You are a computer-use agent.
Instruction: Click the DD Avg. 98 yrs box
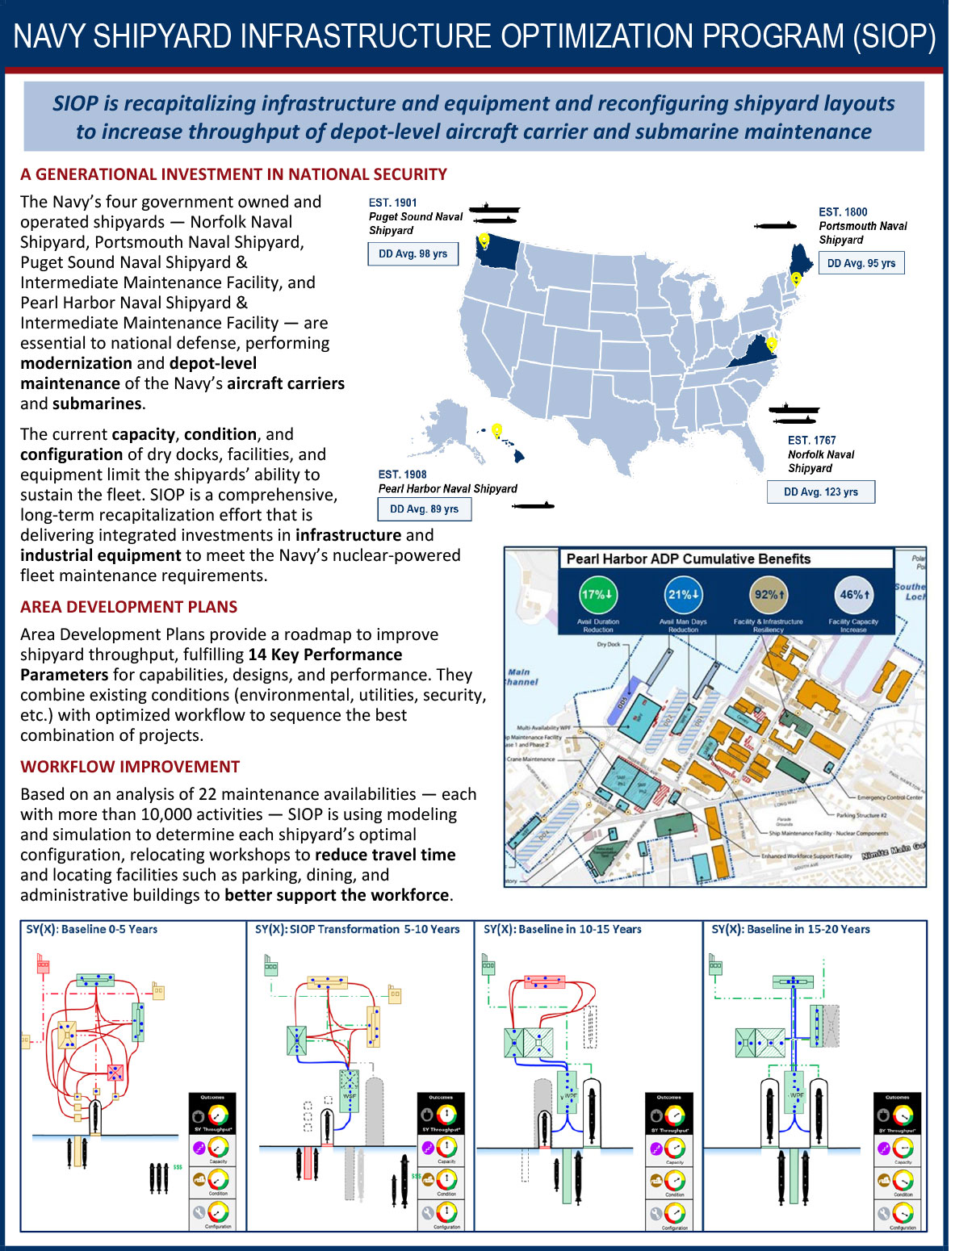(x=413, y=253)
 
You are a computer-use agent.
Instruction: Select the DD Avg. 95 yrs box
(x=861, y=263)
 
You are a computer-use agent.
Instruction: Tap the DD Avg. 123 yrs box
(x=820, y=492)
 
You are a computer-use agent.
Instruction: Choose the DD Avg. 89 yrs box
(x=424, y=509)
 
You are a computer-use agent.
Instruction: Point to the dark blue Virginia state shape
(x=756, y=355)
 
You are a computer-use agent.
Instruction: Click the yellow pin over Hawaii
(x=496, y=430)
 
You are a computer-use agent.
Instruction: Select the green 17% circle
(x=597, y=595)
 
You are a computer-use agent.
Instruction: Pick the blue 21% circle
(x=683, y=595)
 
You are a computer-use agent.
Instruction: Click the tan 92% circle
(x=769, y=595)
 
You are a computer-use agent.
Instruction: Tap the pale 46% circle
(x=854, y=595)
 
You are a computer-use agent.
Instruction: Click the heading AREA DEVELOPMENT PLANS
(x=129, y=607)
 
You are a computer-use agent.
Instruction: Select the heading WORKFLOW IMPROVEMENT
(x=130, y=767)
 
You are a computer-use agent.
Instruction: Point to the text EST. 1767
(x=811, y=440)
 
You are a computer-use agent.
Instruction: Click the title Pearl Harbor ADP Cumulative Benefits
(x=688, y=559)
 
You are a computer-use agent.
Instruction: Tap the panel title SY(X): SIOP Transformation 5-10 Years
(x=357, y=929)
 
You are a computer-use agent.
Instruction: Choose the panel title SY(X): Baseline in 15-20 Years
(x=790, y=929)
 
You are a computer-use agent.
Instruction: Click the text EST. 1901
(x=392, y=203)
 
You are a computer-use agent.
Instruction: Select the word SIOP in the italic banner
(x=75, y=103)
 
